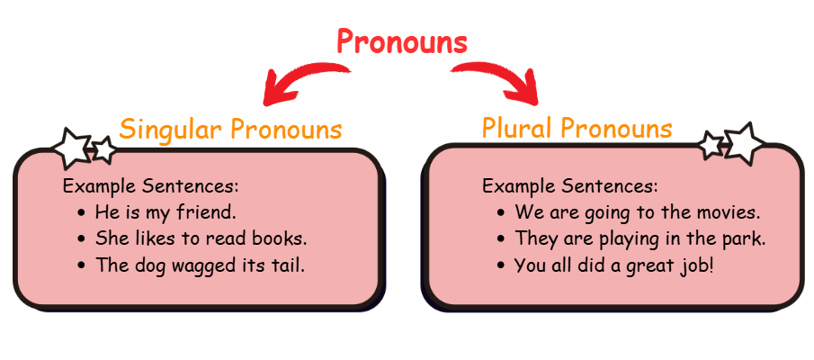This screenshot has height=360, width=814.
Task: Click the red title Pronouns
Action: pyautogui.click(x=402, y=41)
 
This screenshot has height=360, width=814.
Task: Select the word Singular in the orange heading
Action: pyautogui.click(x=173, y=129)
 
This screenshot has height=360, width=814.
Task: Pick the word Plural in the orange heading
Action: pyautogui.click(x=520, y=127)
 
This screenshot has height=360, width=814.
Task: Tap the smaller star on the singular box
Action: pyautogui.click(x=104, y=149)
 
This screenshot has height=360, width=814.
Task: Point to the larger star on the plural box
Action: pyautogui.click(x=744, y=143)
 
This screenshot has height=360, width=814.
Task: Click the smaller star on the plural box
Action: pyautogui.click(x=711, y=145)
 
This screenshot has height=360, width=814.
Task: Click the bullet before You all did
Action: pyautogui.click(x=500, y=265)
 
